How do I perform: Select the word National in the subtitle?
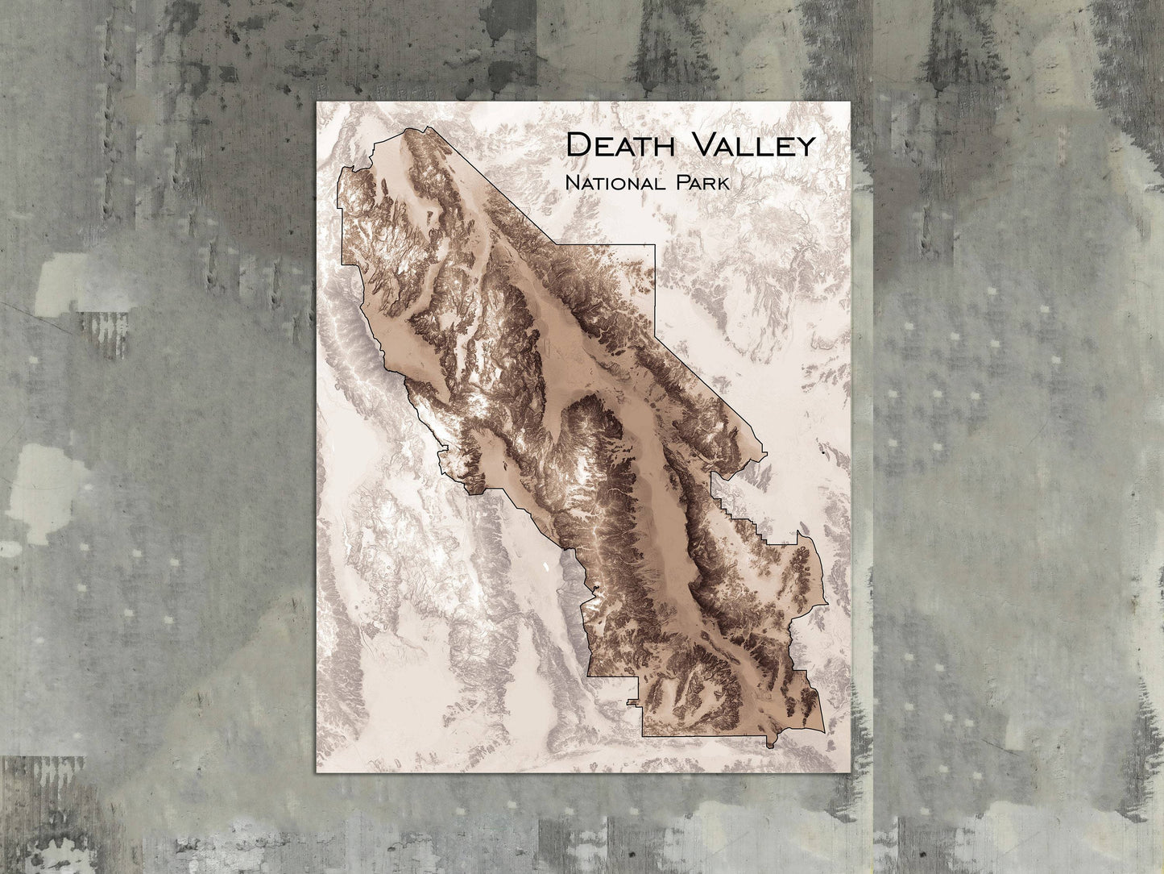[x=620, y=184]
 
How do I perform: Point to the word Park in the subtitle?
[x=703, y=184]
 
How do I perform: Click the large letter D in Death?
[x=577, y=146]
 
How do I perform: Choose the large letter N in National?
[x=572, y=184]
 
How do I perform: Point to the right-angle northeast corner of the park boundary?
[x=656, y=243]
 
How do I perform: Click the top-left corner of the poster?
[x=316, y=102]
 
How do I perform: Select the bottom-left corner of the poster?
[x=316, y=775]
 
